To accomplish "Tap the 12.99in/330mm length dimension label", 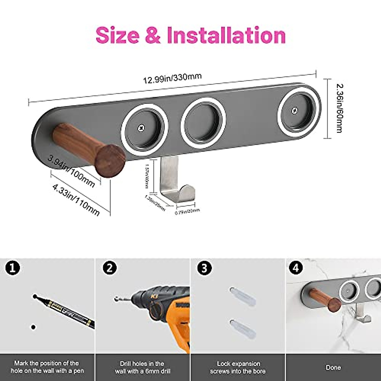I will tap(172, 78).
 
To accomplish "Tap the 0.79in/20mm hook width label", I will tap(187, 211).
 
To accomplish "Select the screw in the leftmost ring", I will tap(140, 128).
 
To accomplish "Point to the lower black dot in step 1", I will tap(33, 327).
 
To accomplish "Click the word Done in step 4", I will tap(333, 368).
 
